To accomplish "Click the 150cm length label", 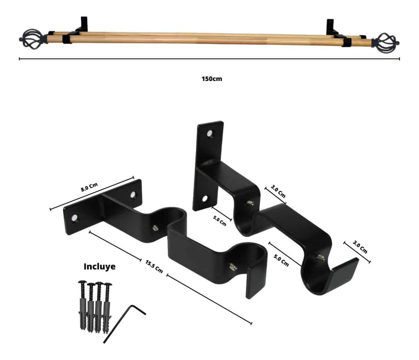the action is (x=212, y=79).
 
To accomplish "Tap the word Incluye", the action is (x=100, y=266).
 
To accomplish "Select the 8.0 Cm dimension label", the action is (x=89, y=187).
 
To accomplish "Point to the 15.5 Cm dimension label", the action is (x=154, y=266).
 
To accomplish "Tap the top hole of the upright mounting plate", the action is (x=209, y=133).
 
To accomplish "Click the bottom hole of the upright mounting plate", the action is (x=205, y=198).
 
